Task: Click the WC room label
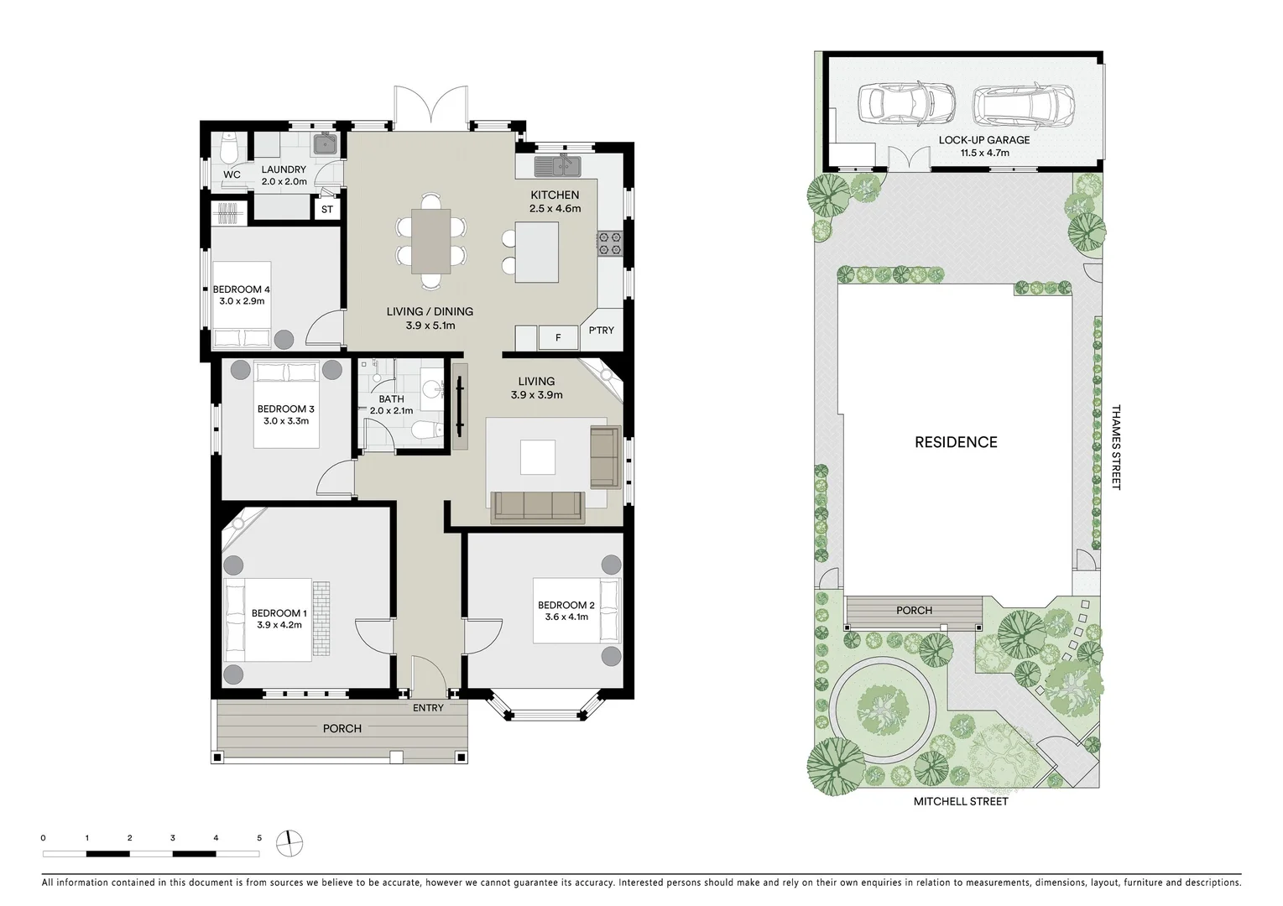[232, 174]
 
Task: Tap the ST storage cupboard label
[327, 210]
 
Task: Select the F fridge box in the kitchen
[558, 338]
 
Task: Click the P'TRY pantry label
[601, 331]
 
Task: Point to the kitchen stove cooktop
[608, 243]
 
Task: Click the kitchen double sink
[559, 165]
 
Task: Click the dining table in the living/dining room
[430, 241]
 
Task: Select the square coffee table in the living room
[537, 458]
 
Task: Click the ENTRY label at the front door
[428, 708]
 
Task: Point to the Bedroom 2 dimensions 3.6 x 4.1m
[566, 617]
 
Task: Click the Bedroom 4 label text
[241, 289]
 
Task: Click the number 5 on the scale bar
[259, 838]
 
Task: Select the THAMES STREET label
[1115, 447]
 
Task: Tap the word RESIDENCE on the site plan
[956, 442]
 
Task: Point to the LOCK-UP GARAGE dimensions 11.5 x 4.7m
[984, 153]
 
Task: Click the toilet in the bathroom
[426, 431]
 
